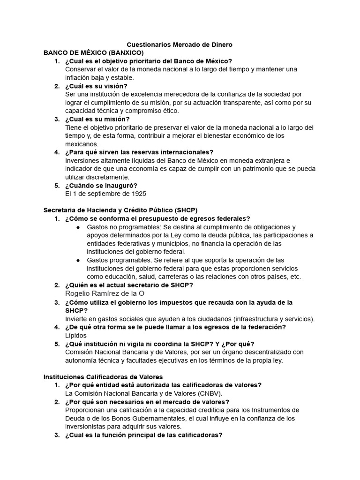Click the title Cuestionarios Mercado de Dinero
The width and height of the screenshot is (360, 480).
point(180,45)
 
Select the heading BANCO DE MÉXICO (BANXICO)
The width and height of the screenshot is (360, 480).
point(93,53)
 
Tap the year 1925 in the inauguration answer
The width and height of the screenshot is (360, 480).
point(139,194)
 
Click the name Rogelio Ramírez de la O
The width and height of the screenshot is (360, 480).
point(105,293)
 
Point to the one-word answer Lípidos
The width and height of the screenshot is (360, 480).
point(76,335)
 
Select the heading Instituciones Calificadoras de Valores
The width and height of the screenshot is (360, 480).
point(103,376)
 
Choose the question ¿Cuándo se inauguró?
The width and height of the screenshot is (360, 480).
point(101,185)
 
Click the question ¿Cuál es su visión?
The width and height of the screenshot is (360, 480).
point(96,86)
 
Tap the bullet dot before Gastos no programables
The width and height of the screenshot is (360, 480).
point(78,227)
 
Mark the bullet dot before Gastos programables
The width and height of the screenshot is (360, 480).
point(78,260)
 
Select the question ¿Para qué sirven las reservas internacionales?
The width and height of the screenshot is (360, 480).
point(139,152)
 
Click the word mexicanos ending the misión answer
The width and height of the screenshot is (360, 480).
point(82,144)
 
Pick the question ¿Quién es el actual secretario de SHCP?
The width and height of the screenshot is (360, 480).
point(129,285)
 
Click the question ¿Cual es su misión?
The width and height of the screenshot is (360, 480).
point(97,119)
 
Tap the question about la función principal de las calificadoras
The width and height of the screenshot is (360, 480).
point(143,435)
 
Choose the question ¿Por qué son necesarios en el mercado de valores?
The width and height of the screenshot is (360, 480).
point(147,402)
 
